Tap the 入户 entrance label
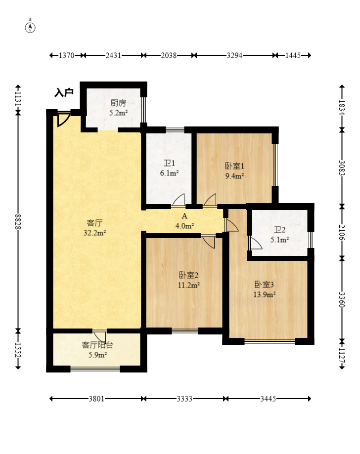(x=64, y=93)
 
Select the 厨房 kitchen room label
(x=118, y=103)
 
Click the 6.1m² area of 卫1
(x=169, y=173)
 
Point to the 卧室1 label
(x=234, y=166)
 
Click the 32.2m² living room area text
(x=94, y=233)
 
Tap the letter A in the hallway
(x=184, y=216)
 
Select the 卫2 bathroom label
(x=280, y=230)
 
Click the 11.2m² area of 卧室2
(x=189, y=285)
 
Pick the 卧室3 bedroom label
(x=264, y=285)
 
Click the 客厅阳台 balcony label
(x=97, y=345)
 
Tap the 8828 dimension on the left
(x=18, y=222)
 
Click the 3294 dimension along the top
(x=234, y=55)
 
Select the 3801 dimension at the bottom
(x=96, y=399)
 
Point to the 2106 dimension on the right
(x=342, y=232)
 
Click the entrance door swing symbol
(x=63, y=119)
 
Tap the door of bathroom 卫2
(x=255, y=243)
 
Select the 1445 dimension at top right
(x=293, y=55)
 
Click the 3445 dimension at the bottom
(x=268, y=399)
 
